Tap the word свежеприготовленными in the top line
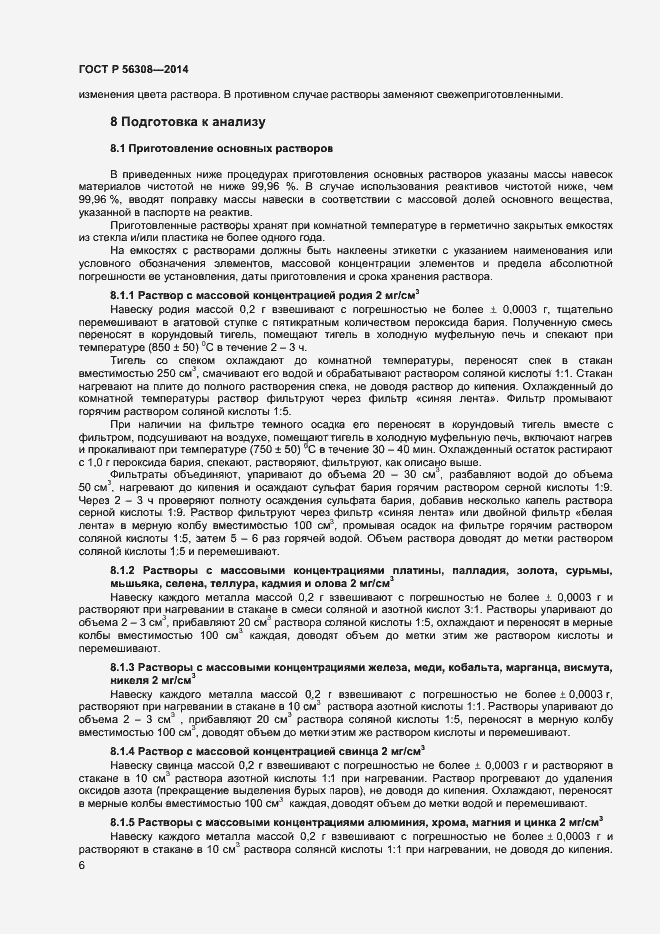click(x=497, y=95)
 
